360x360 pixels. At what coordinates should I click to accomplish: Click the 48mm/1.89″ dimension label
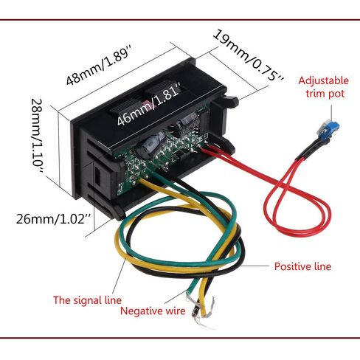[x=97, y=64]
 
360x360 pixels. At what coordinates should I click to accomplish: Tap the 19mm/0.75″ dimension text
[x=249, y=55]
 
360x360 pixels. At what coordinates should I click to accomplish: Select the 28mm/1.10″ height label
[x=38, y=136]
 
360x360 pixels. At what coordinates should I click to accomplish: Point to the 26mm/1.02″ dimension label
[x=54, y=218]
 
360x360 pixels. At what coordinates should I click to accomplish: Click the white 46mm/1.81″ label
[x=148, y=104]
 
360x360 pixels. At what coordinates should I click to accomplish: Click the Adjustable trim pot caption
[x=324, y=87]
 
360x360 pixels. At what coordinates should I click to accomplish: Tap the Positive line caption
[x=302, y=266]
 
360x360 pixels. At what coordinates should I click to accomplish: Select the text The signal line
[x=87, y=300]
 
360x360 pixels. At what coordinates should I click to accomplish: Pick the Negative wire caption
[x=153, y=311]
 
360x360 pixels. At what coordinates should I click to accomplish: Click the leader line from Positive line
[x=255, y=266]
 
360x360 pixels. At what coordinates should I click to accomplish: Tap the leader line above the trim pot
[x=331, y=113]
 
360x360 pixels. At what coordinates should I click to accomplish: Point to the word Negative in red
[x=141, y=311]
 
